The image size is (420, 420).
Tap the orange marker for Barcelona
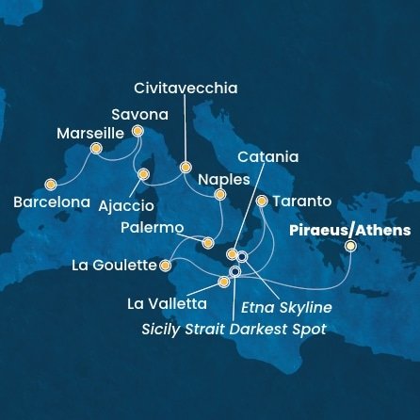(50, 185)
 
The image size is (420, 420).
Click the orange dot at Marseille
(95, 149)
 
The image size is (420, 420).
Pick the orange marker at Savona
(137, 132)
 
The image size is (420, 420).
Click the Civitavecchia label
(186, 89)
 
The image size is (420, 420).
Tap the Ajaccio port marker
(143, 174)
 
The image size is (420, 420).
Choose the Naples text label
(224, 179)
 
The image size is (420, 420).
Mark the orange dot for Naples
(219, 196)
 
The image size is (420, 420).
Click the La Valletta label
(168, 304)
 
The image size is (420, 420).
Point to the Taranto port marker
(262, 201)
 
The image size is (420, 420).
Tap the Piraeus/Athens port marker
(350, 246)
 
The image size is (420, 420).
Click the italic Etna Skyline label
(286, 307)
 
